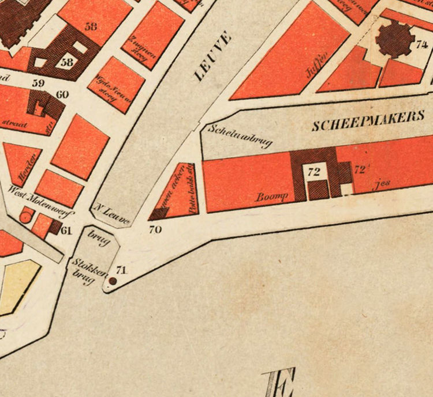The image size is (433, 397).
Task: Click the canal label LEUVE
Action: point(212,56)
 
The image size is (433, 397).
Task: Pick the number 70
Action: point(155,229)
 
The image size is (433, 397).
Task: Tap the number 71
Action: point(121,269)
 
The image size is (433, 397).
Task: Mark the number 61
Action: point(66,231)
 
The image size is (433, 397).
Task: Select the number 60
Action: point(62,94)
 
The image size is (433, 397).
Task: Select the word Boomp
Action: point(272,196)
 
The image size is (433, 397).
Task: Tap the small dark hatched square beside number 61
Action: point(54,227)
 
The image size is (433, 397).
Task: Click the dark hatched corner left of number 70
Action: point(158,214)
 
